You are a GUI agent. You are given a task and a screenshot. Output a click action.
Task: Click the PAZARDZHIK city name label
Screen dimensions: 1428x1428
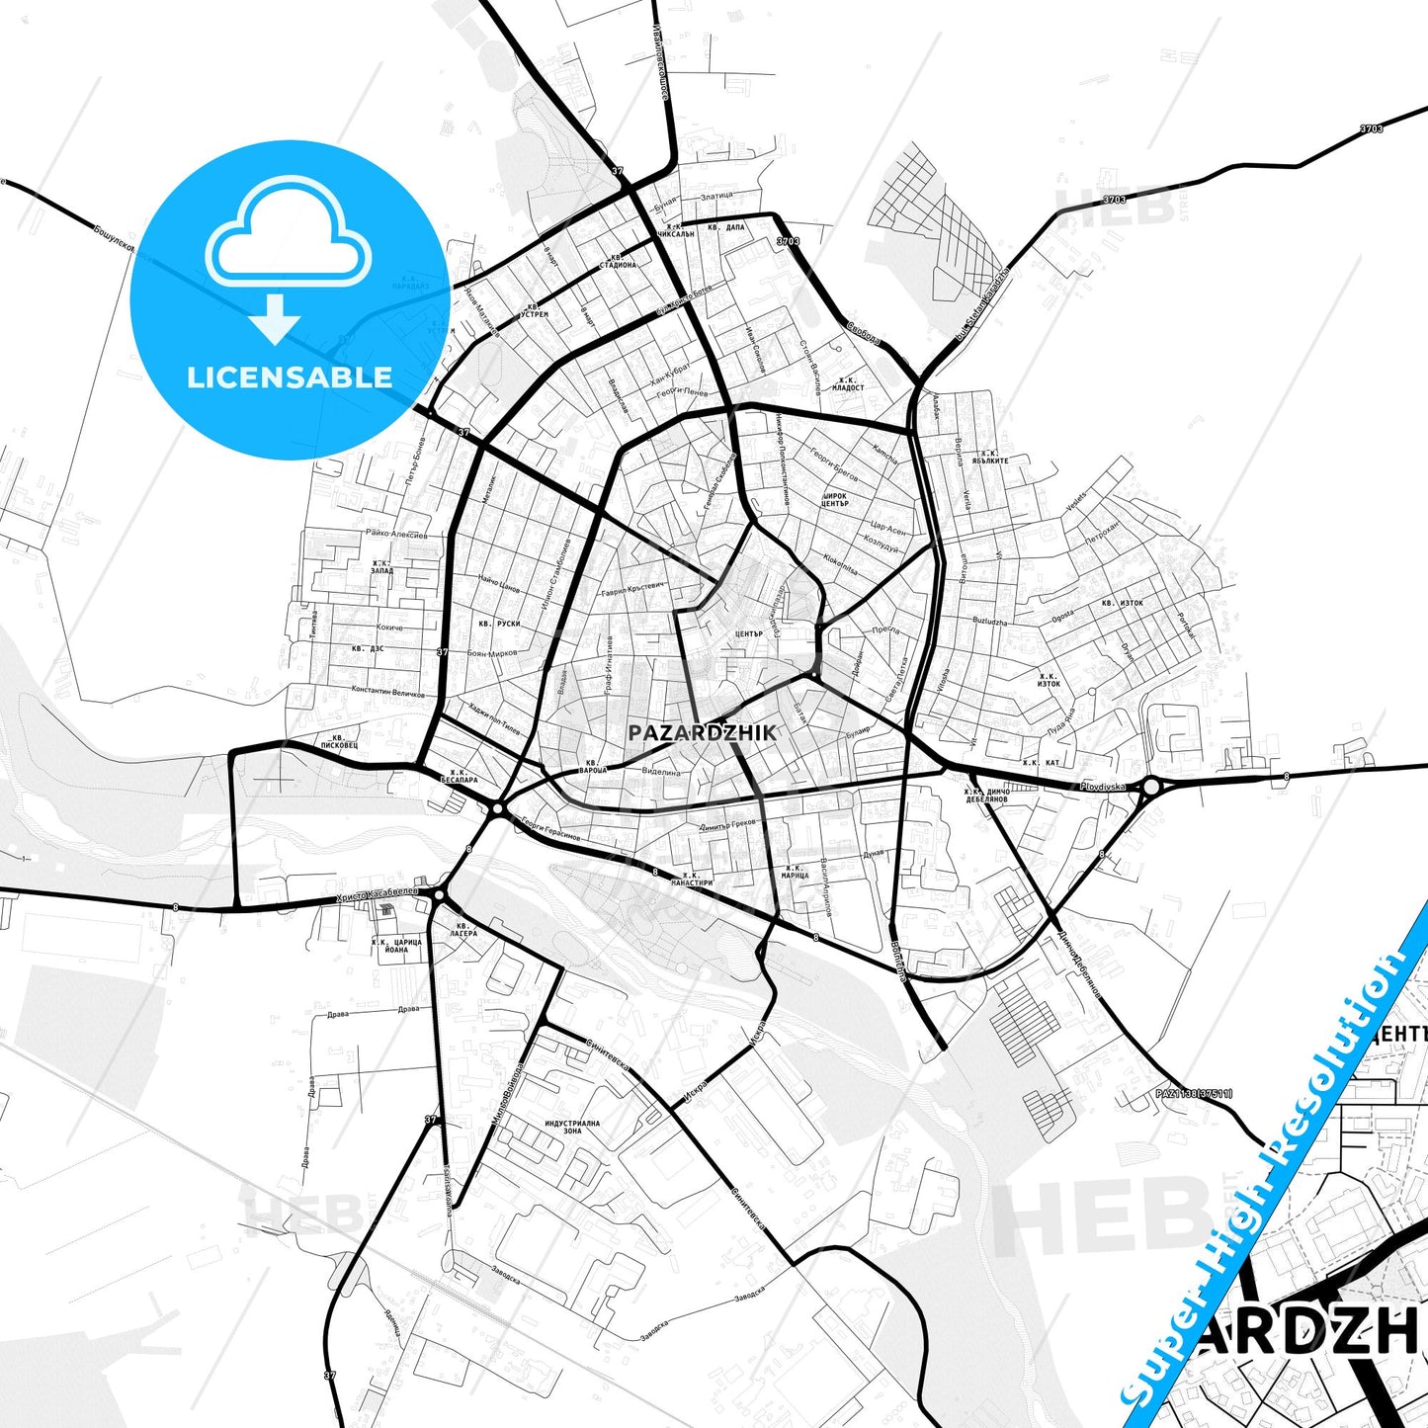coord(702,732)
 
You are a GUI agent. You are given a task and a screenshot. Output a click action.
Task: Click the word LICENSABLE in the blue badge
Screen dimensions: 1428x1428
coord(290,377)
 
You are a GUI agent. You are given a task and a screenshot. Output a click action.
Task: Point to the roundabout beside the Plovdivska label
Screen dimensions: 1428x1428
coord(1151,788)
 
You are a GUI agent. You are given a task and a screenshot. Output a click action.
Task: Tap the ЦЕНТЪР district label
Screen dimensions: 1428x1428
coord(749,633)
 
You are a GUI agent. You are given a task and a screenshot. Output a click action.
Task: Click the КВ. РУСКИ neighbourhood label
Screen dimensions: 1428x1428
coord(499,624)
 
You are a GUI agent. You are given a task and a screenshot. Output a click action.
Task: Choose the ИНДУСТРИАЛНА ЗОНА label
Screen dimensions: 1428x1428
coord(572,1127)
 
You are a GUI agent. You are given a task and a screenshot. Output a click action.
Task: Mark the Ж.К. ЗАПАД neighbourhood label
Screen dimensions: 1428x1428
coord(381,567)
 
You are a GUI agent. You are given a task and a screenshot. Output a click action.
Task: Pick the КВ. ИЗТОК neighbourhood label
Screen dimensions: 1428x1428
coord(1122,602)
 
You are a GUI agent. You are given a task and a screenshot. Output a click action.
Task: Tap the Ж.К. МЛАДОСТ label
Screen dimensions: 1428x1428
coord(848,383)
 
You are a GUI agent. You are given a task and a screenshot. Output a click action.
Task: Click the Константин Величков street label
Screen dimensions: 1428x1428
coord(387,691)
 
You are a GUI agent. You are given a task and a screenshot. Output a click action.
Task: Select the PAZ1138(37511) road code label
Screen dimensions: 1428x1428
coord(1194,1093)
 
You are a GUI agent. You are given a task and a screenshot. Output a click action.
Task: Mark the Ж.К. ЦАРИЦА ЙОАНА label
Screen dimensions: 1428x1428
coord(395,946)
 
